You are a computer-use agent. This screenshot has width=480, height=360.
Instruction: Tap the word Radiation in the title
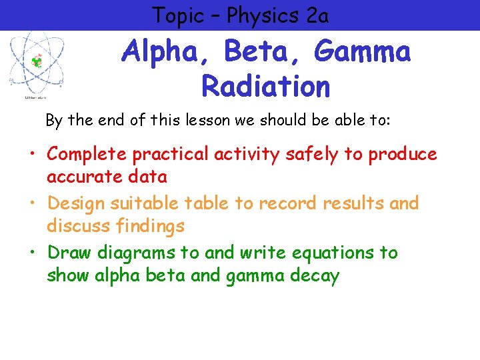pos(265,86)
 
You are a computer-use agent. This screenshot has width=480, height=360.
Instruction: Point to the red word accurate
pos(89,177)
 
